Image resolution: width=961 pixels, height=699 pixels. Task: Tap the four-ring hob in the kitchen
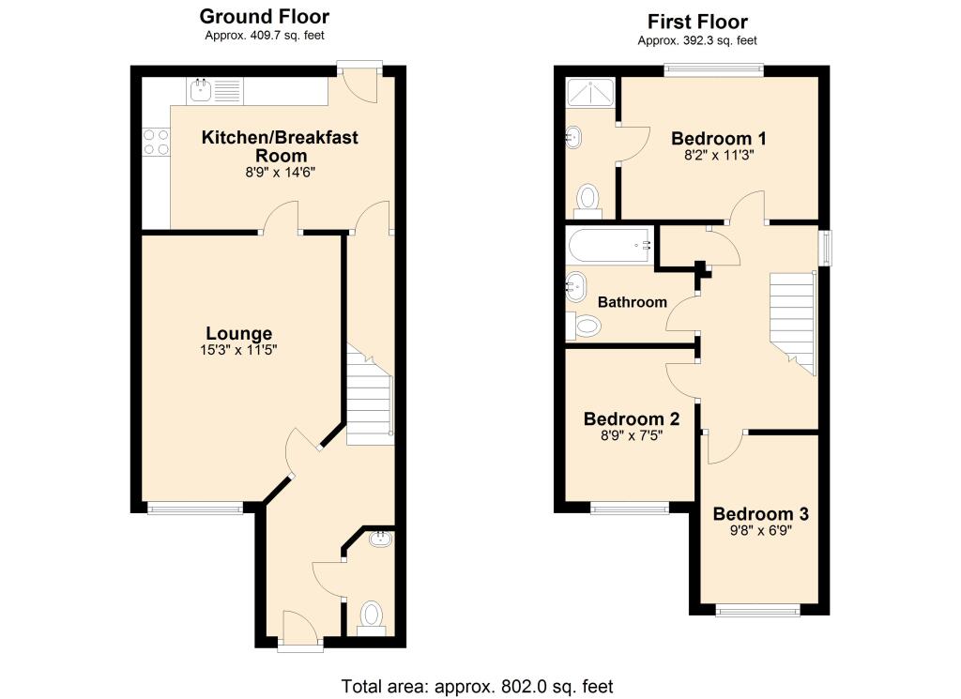156,142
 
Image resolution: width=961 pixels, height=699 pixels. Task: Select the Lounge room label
239,334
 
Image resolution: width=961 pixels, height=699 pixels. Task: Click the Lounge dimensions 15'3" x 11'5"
239,350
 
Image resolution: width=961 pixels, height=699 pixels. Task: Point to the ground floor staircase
370,395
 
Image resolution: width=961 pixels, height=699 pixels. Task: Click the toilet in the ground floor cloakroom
371,618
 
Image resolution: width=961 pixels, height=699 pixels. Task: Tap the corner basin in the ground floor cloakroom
381,539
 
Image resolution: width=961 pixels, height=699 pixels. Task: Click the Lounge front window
195,508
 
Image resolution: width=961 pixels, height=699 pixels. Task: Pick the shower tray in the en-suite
589,93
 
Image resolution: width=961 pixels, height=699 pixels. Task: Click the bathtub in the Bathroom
609,246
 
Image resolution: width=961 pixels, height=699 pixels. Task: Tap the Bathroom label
632,302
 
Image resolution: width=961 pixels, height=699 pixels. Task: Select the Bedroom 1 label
718,139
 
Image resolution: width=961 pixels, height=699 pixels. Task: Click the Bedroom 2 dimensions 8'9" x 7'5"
632,436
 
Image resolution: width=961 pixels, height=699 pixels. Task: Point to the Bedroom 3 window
758,610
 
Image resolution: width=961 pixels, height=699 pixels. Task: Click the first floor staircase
792,324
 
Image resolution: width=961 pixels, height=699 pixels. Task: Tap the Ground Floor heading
264,16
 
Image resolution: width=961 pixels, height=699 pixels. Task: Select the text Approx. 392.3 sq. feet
697,41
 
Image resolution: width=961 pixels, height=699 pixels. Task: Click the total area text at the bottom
477,686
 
